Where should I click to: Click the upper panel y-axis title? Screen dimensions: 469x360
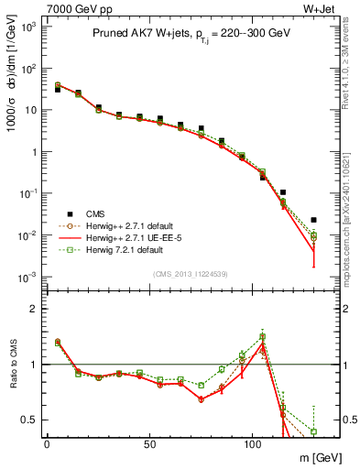(12, 87)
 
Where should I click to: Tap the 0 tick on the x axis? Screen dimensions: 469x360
(47, 444)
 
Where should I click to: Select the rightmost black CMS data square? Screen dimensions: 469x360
(314, 220)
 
